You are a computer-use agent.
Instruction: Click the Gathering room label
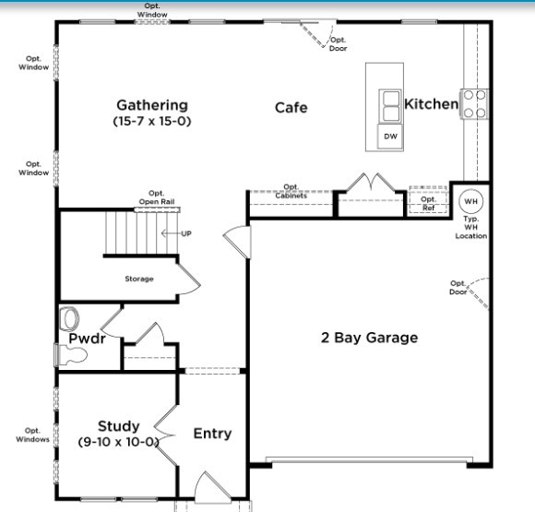point(151,105)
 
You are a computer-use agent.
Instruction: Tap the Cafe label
point(291,108)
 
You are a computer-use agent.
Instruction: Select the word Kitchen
point(431,104)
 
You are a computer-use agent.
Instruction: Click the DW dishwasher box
point(391,137)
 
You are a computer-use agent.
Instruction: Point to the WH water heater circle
point(470,201)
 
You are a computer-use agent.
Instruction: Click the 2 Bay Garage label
point(369,338)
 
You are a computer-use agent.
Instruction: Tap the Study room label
point(119,426)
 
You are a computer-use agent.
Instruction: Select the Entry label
point(212,434)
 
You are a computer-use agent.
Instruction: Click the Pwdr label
point(87,339)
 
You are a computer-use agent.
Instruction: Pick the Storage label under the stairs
point(139,279)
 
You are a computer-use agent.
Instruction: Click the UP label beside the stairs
point(186,233)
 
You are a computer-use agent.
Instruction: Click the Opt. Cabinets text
point(291,191)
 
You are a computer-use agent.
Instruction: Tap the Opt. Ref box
point(428,203)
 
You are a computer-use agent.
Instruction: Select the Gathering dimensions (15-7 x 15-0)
point(151,121)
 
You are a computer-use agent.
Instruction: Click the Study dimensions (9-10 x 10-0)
point(119,442)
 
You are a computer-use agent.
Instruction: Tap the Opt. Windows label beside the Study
point(32,435)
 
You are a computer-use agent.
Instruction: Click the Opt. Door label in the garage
point(458,288)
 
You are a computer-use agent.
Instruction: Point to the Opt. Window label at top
point(152,11)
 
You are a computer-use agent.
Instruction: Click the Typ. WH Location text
point(470,229)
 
